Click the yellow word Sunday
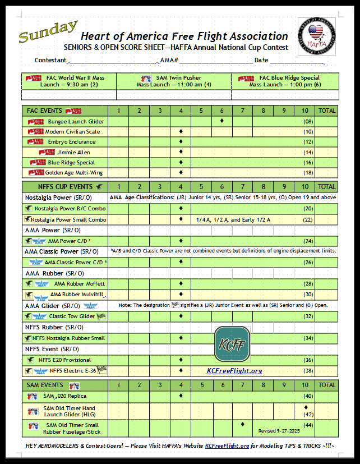[x=48, y=32]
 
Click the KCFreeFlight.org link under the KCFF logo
[x=234, y=371]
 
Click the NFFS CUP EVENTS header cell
[x=63, y=186]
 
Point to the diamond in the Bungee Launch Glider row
[x=221, y=121]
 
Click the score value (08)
[x=307, y=121]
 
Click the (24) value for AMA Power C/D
[x=307, y=241]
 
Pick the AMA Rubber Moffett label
[x=79, y=283]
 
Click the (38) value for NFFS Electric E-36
[x=307, y=370]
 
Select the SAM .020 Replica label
[x=65, y=396]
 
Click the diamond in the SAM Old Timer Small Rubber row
[x=242, y=424]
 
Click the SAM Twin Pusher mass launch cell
[x=173, y=81]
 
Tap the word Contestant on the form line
[x=50, y=60]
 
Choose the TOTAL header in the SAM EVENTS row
[x=327, y=385]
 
